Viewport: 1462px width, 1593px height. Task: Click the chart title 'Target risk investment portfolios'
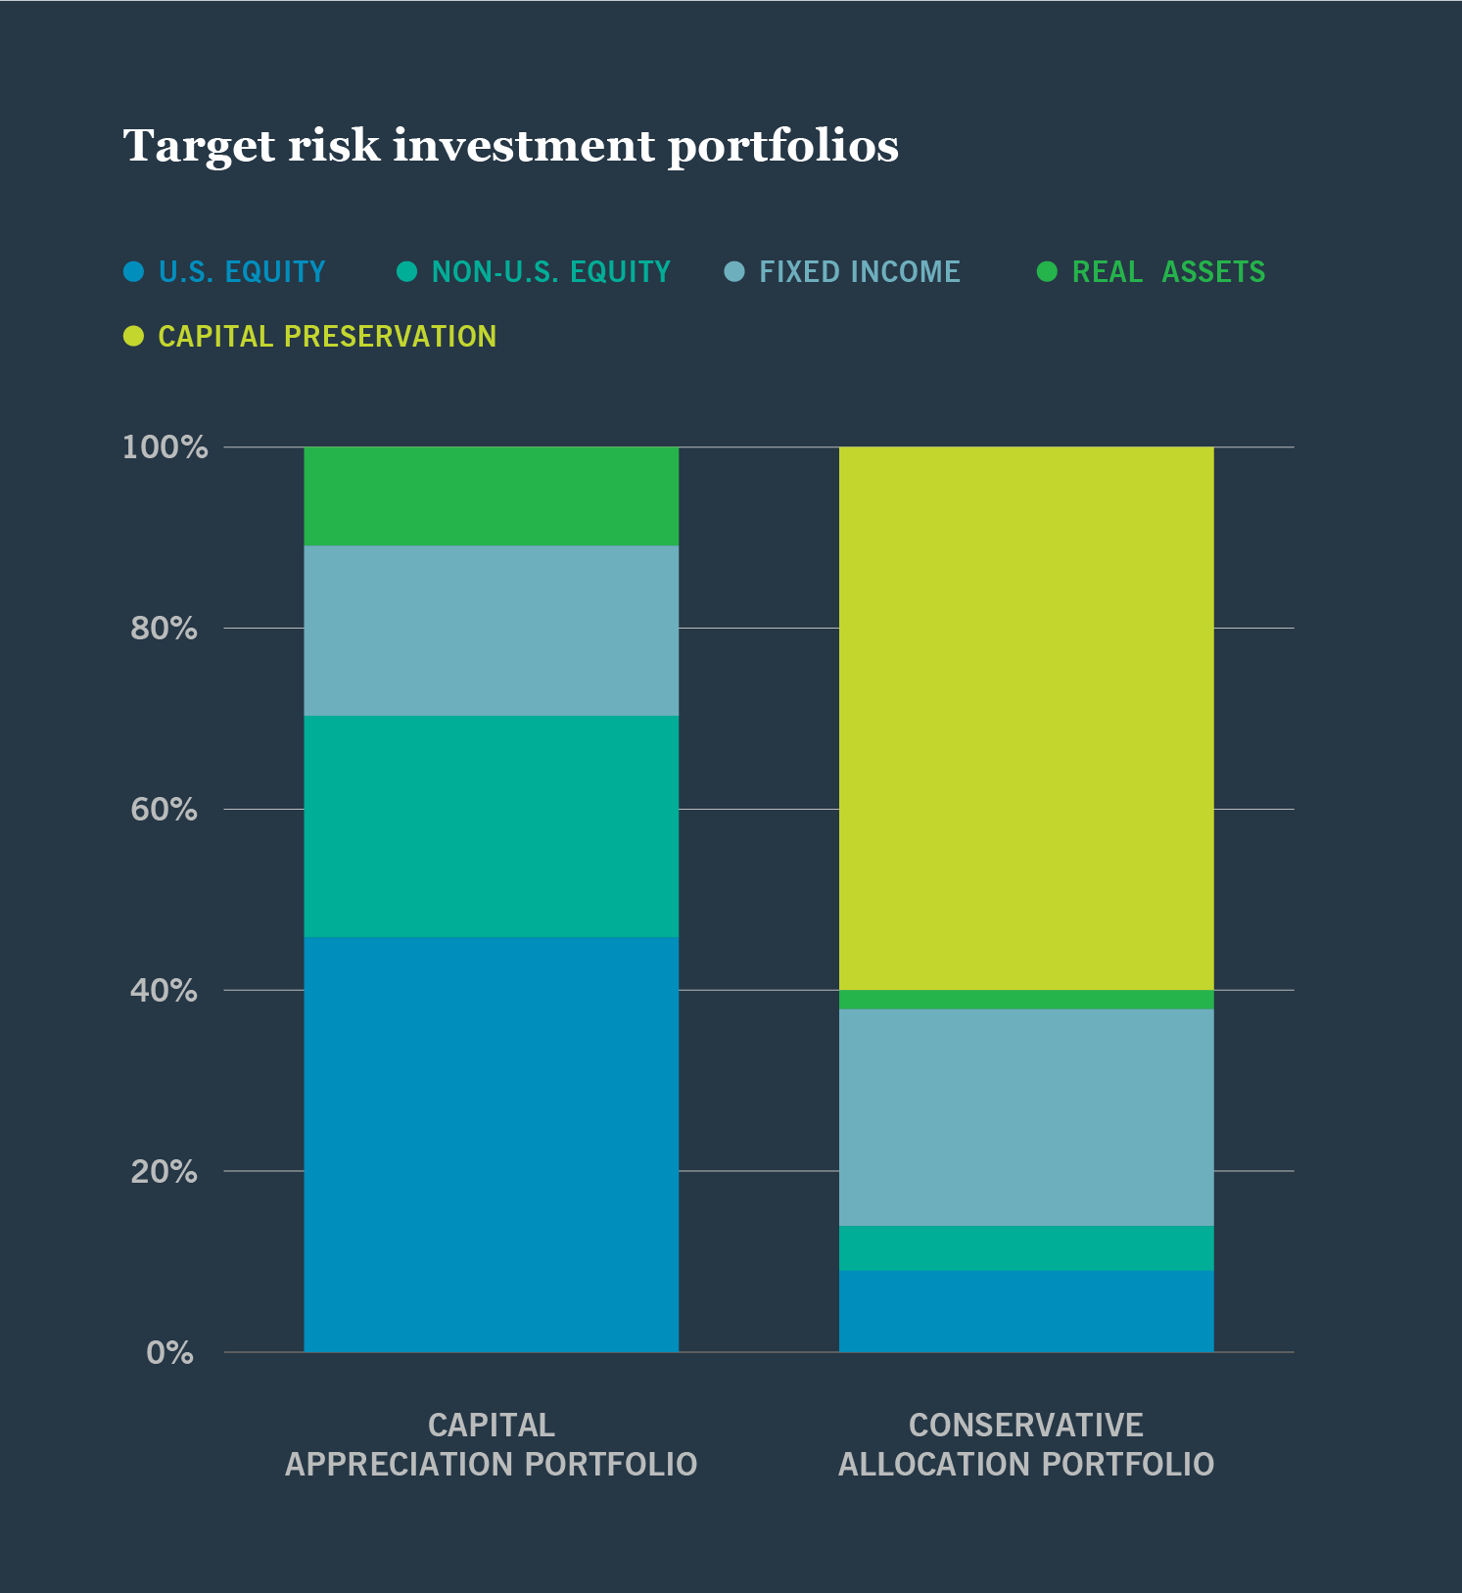click(510, 147)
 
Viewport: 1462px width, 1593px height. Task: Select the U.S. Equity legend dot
click(134, 272)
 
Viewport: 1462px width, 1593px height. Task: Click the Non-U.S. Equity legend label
click(550, 272)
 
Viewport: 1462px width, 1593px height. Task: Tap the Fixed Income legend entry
click(859, 272)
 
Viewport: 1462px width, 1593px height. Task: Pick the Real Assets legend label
click(1167, 272)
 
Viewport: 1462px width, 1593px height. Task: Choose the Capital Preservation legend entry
click(326, 337)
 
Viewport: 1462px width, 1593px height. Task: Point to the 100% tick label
click(165, 447)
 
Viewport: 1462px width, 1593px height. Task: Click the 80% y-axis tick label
click(165, 629)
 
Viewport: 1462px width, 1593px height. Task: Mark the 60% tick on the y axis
click(165, 810)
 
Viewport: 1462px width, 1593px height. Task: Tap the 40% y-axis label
click(165, 991)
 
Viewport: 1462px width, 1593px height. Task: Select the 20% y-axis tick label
click(165, 1172)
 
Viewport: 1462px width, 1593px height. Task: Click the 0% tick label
click(170, 1353)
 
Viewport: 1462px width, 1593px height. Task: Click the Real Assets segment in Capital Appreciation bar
click(491, 496)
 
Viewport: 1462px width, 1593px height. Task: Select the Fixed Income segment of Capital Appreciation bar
click(491, 631)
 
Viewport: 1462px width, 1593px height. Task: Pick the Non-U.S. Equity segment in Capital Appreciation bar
click(491, 826)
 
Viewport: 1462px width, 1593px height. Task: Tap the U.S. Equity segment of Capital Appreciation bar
click(491, 1144)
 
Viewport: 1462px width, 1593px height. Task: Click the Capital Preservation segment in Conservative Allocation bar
click(1026, 719)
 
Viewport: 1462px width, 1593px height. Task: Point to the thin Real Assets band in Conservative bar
click(1026, 1000)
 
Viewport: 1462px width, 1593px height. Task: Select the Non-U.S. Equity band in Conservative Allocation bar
click(1026, 1248)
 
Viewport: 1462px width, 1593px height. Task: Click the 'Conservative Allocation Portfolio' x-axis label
click(1026, 1444)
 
